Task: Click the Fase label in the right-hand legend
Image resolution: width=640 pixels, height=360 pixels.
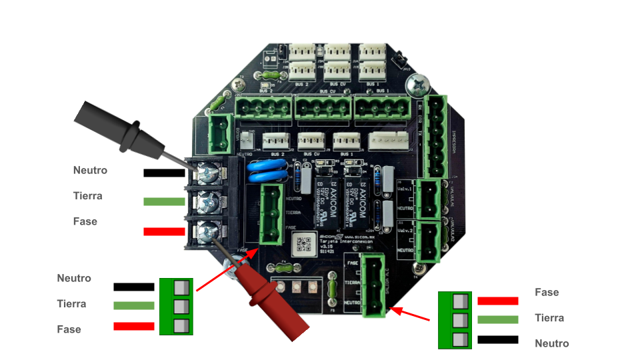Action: pos(547,292)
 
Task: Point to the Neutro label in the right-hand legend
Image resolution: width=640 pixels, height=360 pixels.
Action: pos(551,343)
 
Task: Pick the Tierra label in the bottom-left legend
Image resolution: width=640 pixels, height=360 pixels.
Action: pos(71,303)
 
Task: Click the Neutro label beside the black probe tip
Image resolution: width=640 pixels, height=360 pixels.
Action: pos(90,170)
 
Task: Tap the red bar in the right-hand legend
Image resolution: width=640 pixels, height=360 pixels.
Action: pos(497,301)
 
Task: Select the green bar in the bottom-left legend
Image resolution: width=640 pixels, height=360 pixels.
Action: pos(133,306)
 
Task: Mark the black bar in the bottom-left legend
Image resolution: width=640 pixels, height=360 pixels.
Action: pos(133,287)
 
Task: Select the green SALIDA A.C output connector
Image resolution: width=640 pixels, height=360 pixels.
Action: pos(373,285)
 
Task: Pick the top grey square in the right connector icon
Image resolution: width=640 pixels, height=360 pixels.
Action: pos(459,301)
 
